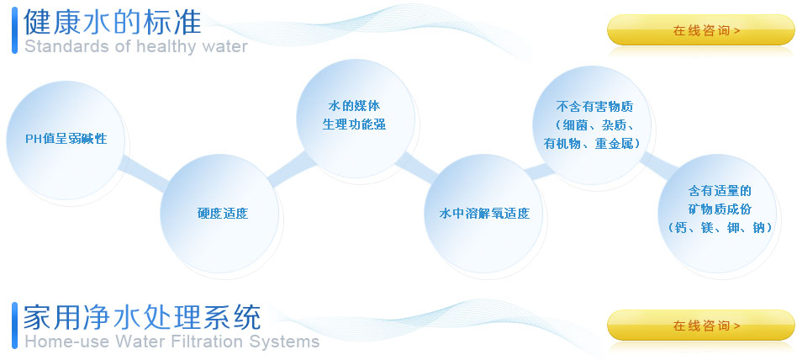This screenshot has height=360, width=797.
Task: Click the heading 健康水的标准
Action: point(113,22)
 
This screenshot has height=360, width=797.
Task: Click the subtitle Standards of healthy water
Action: point(136,46)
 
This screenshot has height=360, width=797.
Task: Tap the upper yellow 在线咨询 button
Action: point(700,30)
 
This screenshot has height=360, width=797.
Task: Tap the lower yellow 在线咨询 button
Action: point(700,325)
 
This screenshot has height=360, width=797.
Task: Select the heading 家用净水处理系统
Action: point(142,317)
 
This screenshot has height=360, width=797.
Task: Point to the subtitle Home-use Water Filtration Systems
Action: point(172,341)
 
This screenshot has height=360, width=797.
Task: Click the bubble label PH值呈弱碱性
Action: point(66,139)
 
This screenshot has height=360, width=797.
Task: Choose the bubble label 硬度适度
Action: point(223,213)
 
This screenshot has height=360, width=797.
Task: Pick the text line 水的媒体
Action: point(354,106)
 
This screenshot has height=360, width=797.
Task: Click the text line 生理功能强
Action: point(354,124)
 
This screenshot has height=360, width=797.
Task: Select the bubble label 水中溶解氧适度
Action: point(484,213)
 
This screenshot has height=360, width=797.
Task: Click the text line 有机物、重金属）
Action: point(592,143)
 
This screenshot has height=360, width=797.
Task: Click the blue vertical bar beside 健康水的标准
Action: point(14,30)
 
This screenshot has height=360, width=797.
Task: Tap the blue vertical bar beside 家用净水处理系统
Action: point(14,326)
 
